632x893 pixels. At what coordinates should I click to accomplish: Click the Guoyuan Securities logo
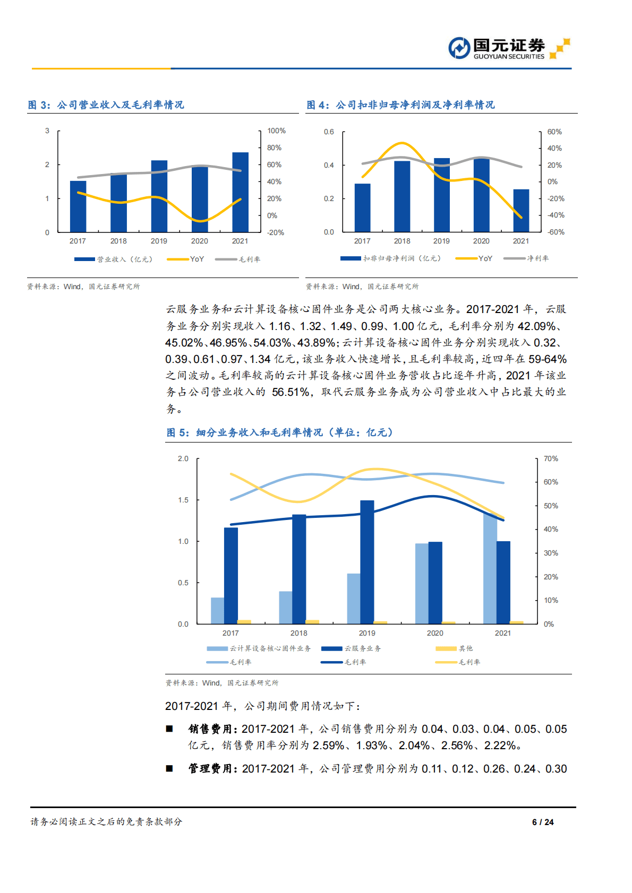click(508, 48)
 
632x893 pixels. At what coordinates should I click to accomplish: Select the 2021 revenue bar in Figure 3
click(240, 192)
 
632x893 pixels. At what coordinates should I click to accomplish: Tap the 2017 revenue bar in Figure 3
click(78, 206)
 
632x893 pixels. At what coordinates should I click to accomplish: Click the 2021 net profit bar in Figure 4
click(521, 211)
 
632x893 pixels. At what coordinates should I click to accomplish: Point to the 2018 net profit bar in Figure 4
click(402, 196)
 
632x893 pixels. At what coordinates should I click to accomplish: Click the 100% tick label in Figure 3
click(276, 131)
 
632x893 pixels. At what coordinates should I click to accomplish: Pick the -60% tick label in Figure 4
click(556, 232)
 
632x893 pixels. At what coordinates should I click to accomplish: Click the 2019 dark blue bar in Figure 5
click(367, 562)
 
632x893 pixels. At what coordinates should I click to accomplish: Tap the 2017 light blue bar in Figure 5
click(217, 610)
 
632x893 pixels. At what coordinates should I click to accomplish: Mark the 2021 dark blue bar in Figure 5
click(503, 582)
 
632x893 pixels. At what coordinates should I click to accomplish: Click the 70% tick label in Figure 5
click(551, 458)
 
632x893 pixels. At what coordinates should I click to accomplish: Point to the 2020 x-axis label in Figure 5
click(435, 633)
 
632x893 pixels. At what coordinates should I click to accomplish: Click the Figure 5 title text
click(280, 432)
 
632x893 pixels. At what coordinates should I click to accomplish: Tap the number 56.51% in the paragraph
click(291, 392)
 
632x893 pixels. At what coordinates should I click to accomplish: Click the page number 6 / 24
click(543, 822)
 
